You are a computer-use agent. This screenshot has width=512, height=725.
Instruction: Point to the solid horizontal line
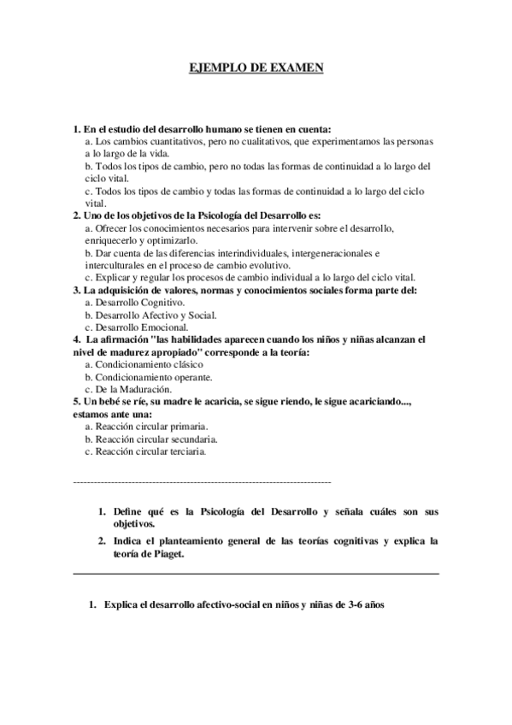tap(256, 574)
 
